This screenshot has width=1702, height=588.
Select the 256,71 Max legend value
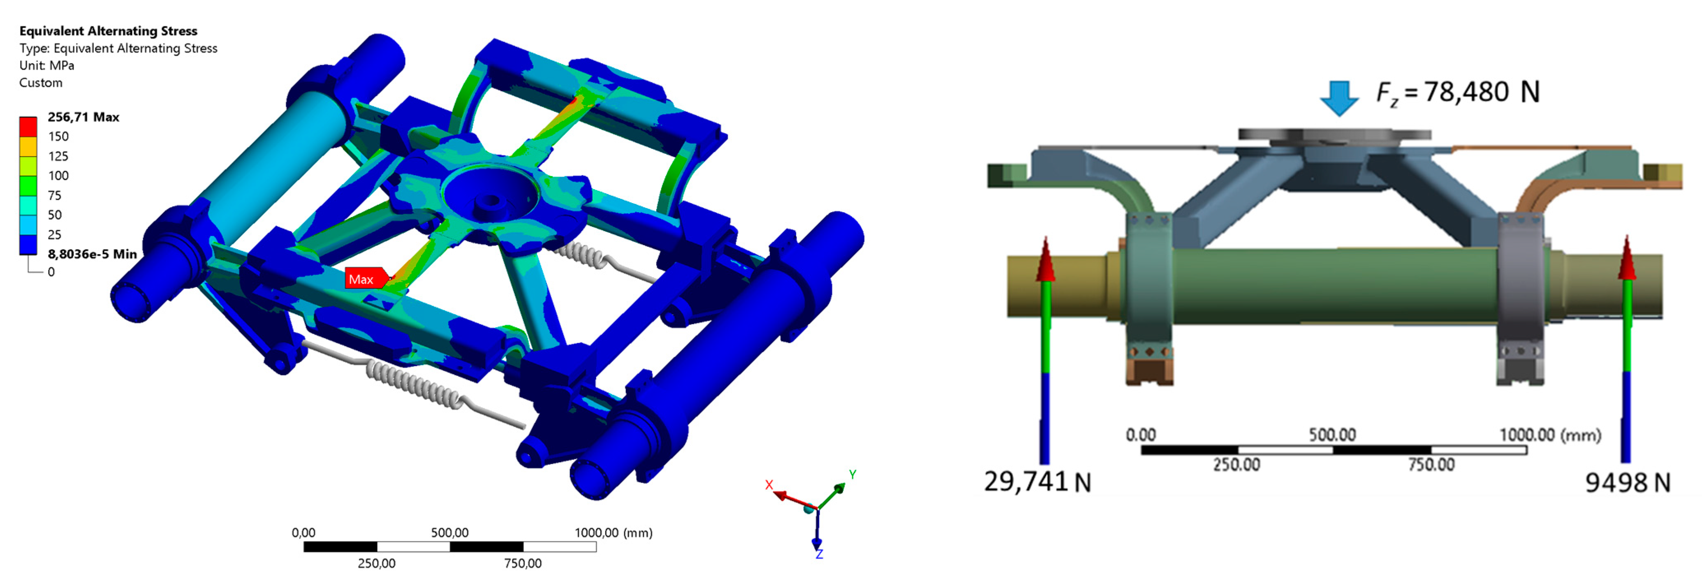pyautogui.click(x=83, y=117)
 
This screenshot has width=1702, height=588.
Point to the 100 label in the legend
pyautogui.click(x=58, y=176)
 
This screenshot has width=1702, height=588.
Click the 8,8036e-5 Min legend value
pyautogui.click(x=92, y=254)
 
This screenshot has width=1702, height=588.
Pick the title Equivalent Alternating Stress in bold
pyautogui.click(x=109, y=31)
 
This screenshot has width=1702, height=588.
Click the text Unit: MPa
pyautogui.click(x=47, y=65)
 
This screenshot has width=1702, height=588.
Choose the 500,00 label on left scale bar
pyautogui.click(x=449, y=532)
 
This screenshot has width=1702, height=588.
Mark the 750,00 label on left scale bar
pyautogui.click(x=523, y=564)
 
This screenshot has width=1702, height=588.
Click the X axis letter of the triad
pyautogui.click(x=769, y=485)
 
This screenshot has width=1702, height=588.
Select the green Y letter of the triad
pyautogui.click(x=853, y=475)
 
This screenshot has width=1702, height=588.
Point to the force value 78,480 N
pyautogui.click(x=1458, y=92)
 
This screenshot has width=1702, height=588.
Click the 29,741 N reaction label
pyautogui.click(x=1037, y=482)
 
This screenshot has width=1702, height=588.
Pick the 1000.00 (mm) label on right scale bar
pyautogui.click(x=1550, y=435)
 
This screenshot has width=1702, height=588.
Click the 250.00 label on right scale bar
pyautogui.click(x=1236, y=465)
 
